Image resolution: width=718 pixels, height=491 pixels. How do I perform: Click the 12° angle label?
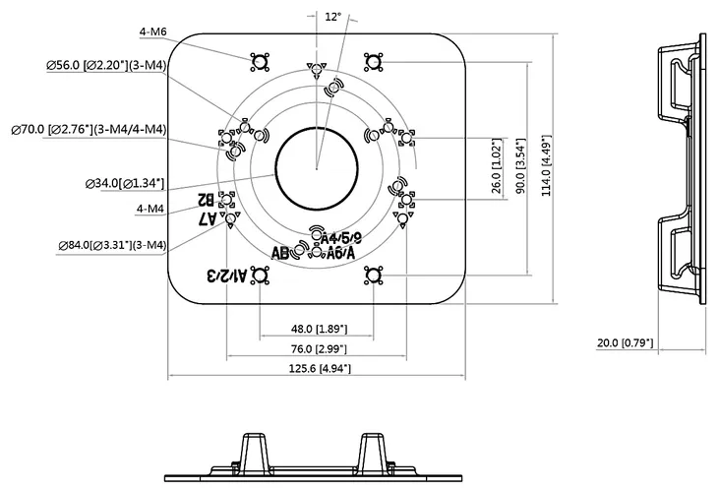pyautogui.click(x=332, y=17)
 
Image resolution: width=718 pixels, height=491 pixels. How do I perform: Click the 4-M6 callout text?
pyautogui.click(x=153, y=33)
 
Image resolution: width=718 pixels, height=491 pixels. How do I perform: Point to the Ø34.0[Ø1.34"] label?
pyautogui.click(x=126, y=182)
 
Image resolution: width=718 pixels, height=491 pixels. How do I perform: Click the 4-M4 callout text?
pyautogui.click(x=152, y=209)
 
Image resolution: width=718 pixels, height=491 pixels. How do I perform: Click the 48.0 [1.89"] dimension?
pyautogui.click(x=317, y=329)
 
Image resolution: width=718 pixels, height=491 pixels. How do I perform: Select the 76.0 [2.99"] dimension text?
pyautogui.click(x=317, y=348)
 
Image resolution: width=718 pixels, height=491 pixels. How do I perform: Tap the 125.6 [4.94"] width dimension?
pyautogui.click(x=317, y=368)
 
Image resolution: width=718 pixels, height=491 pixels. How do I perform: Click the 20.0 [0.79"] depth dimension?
pyautogui.click(x=626, y=343)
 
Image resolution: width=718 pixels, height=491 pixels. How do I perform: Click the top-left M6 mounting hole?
pyautogui.click(x=260, y=62)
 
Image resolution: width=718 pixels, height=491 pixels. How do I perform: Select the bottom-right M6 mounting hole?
pyautogui.click(x=373, y=276)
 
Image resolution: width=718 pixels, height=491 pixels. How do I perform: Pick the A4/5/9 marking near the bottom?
pyautogui.click(x=341, y=237)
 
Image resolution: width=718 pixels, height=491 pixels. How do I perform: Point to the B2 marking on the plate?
pyautogui.click(x=209, y=197)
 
